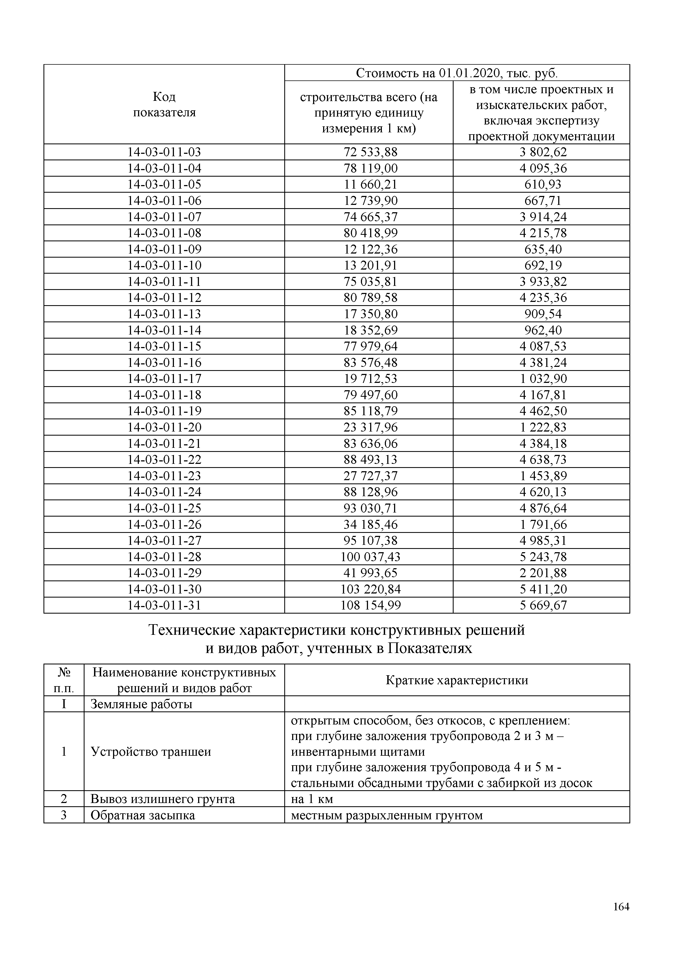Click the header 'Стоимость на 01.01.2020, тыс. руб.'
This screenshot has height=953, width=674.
[457, 73]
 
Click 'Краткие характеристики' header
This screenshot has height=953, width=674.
[457, 680]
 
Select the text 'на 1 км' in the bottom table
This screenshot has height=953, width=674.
[312, 799]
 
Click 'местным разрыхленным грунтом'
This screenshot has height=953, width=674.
[387, 815]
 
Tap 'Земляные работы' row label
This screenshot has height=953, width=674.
[141, 704]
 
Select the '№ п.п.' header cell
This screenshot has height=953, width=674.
[64, 680]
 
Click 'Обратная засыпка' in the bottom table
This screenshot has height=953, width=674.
[142, 815]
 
